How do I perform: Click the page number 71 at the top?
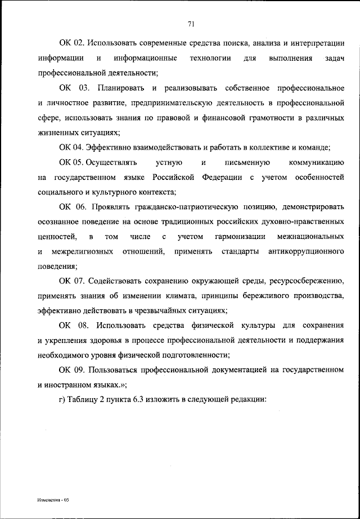(x=191, y=23)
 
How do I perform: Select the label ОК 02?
(x=71, y=43)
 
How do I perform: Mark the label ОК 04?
(x=71, y=148)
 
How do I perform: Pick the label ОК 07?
(x=71, y=281)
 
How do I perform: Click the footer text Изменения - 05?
(x=53, y=499)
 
